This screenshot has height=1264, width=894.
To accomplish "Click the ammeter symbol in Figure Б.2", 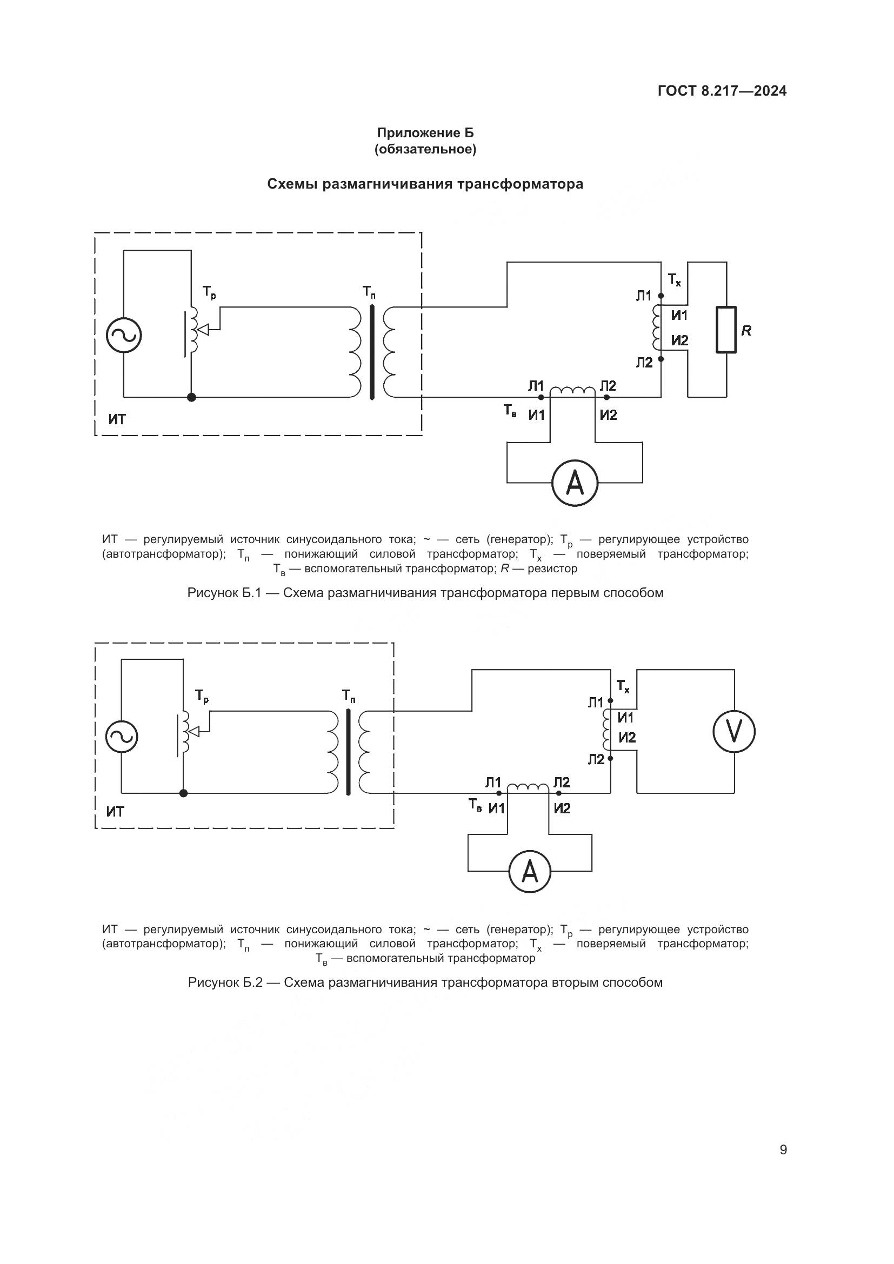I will pos(529,872).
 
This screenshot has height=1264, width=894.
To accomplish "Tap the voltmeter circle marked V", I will pos(734,731).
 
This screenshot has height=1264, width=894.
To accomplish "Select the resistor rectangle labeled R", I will pos(726,330).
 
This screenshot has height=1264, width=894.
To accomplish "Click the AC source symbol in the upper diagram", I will pos(123,335).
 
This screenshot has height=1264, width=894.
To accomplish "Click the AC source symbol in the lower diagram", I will pos(121,737).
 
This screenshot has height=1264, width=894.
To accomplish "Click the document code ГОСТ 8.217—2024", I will pos(722,91).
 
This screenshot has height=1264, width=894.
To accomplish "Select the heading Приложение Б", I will pos(425,133).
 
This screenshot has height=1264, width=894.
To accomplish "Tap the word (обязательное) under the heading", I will pos(425,149).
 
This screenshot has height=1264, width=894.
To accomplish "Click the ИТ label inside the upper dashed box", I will pos(117,419).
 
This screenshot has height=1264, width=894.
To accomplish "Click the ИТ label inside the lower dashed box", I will pos(115,811).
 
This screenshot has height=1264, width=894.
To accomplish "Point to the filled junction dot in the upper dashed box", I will pos(191,397).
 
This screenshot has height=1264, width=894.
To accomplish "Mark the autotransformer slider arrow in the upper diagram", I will pos(203,330).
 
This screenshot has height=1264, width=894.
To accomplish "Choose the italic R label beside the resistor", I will pos(746,330).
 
